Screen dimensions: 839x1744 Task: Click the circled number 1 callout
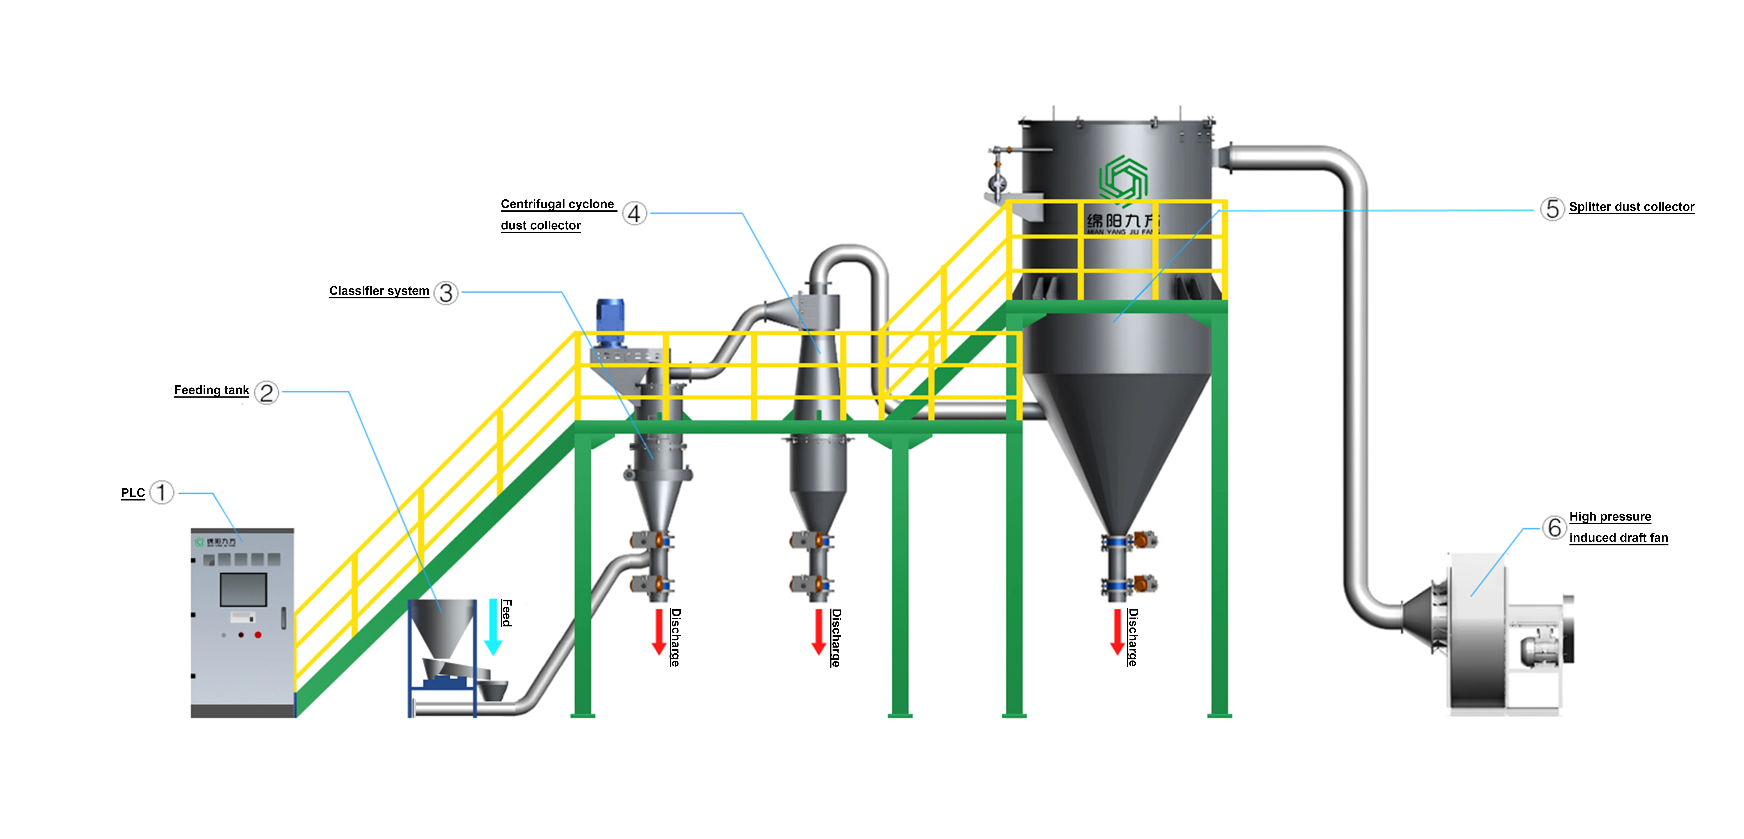coord(161,492)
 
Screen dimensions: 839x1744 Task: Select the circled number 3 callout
coord(445,293)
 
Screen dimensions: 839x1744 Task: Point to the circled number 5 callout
coord(1552,209)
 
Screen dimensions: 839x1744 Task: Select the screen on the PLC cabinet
coord(243,589)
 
